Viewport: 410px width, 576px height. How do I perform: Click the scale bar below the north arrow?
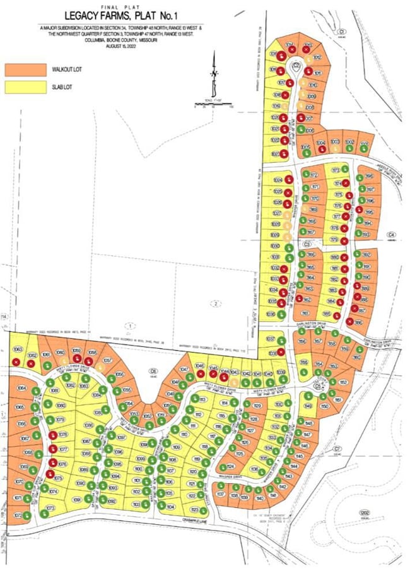pyautogui.click(x=214, y=105)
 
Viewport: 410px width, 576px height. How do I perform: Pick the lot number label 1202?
pyautogui.click(x=363, y=512)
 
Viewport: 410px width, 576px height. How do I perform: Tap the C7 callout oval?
pyautogui.click(x=338, y=449)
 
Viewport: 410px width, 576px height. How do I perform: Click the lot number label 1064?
pyautogui.click(x=21, y=387)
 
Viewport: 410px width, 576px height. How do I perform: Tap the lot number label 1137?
pyautogui.click(x=221, y=494)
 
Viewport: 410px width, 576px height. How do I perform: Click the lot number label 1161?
pyautogui.click(x=305, y=313)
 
